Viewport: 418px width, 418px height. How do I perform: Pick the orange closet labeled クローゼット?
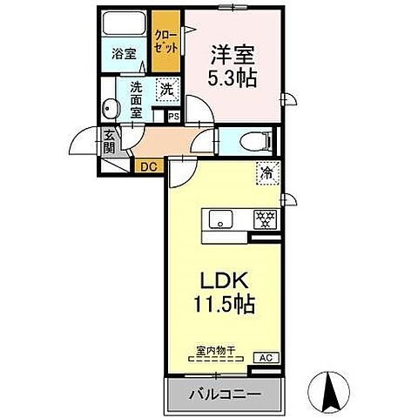pos(165,40)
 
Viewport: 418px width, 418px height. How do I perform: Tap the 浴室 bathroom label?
pos(123,54)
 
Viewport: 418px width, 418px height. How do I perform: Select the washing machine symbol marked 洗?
pos(165,88)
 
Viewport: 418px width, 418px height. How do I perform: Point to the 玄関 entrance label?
pos(110,141)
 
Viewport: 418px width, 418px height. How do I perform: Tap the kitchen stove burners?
pos(264,219)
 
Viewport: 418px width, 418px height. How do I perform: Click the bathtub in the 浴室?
pos(123,24)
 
